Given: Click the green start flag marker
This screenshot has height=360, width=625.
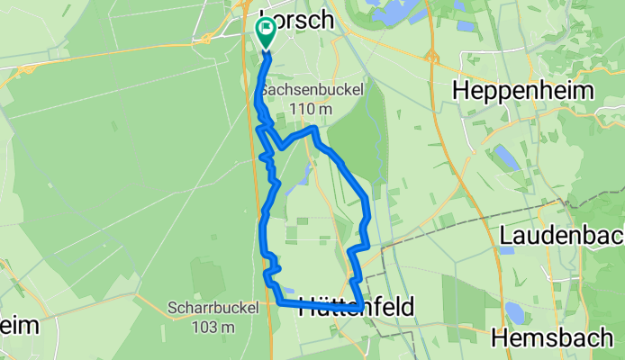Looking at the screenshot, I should point(267,31).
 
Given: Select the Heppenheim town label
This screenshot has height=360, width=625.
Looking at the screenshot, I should point(524,91).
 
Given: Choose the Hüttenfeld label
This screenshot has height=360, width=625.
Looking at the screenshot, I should point(360,307).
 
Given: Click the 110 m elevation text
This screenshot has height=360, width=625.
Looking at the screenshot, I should point(305,109).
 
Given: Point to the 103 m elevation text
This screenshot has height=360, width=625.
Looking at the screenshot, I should point(213,326).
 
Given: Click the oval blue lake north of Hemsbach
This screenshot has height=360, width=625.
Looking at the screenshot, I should point(515,312).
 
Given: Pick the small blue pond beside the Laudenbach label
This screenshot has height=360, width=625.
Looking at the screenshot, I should point(506,249).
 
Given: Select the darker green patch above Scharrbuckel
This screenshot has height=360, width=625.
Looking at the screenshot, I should point(210,276).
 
